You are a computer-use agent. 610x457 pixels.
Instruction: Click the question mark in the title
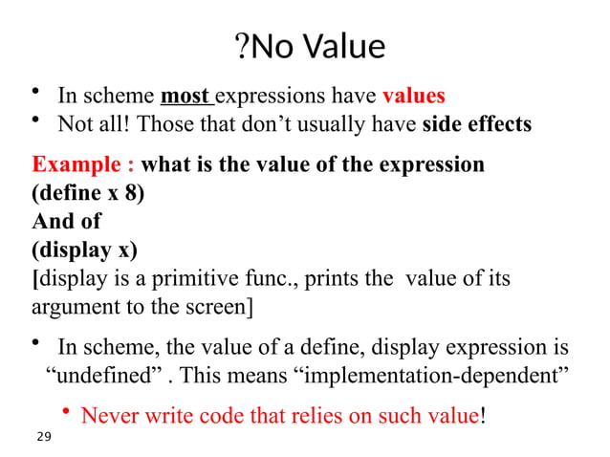click(x=239, y=46)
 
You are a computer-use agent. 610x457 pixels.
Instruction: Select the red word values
click(x=413, y=97)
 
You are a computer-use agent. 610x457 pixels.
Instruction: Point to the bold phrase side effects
click(x=476, y=125)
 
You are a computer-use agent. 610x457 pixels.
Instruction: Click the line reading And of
click(x=66, y=221)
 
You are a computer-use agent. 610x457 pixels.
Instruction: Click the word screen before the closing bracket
click(x=217, y=308)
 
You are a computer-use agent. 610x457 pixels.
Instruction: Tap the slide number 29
click(x=42, y=437)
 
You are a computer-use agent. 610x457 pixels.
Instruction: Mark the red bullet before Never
click(x=66, y=413)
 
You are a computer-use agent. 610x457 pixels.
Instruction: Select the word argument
click(x=71, y=308)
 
